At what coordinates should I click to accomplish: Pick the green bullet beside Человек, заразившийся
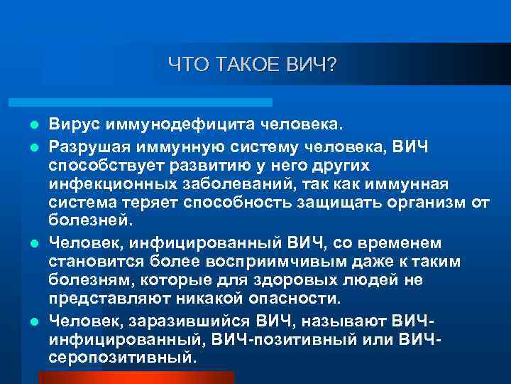tap(33, 319)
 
